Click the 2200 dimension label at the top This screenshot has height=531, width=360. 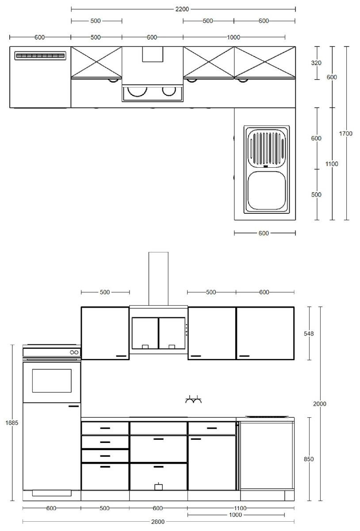click(182, 9)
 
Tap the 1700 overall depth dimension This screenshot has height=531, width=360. click(345, 134)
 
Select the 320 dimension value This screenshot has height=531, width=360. click(316, 63)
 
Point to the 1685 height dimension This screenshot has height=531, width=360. click(12, 423)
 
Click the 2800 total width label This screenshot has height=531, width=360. click(158, 522)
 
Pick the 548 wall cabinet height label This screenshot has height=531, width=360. click(309, 334)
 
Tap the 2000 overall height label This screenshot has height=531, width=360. click(319, 404)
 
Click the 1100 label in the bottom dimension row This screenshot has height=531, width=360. click(240, 508)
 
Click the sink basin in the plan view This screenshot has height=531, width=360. click(267, 191)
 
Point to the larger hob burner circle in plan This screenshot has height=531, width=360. click(137, 91)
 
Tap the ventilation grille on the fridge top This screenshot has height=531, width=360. click(40, 56)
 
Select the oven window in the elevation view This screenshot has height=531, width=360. click(52, 381)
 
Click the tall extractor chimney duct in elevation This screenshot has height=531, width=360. click(158, 278)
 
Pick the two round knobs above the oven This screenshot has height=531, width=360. click(74, 352)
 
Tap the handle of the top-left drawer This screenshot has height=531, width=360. click(105, 428)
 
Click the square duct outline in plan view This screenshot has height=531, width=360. click(153, 54)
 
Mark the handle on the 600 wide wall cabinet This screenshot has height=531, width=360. click(244, 356)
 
